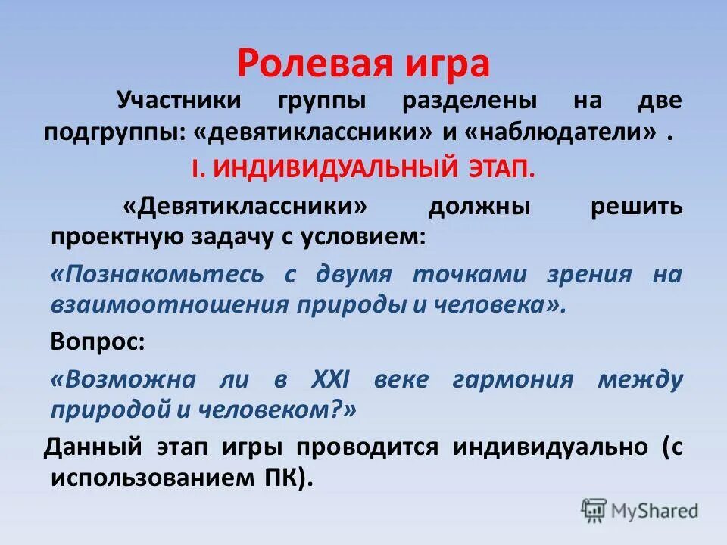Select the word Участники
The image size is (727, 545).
(178, 100)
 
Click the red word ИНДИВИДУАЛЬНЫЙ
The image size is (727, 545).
(330, 168)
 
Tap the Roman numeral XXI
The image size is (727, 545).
(331, 378)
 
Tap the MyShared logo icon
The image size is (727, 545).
(594, 510)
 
